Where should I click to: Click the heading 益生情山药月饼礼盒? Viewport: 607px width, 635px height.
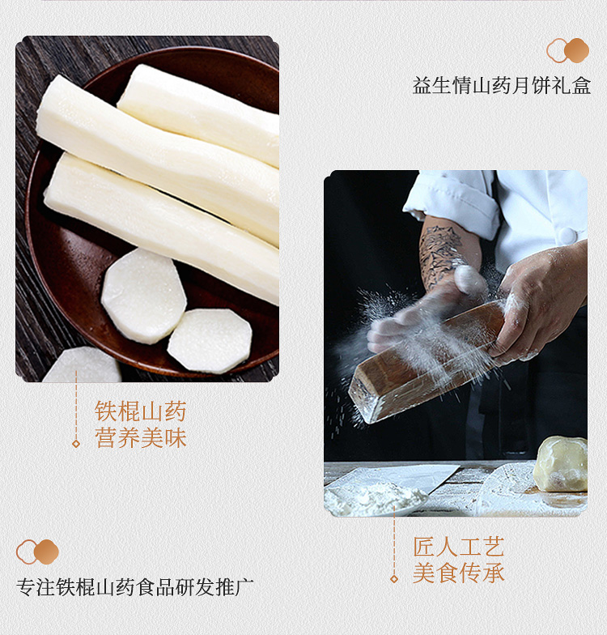click(502, 86)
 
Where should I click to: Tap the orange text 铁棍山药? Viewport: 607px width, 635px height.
click(141, 411)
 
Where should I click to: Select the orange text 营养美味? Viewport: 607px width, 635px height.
click(141, 438)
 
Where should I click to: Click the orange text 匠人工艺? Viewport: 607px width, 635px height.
click(458, 547)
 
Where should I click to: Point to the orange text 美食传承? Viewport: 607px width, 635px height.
click(458, 573)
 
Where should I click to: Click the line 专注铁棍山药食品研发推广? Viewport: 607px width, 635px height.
click(134, 587)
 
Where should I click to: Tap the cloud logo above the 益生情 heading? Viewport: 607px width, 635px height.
click(567, 50)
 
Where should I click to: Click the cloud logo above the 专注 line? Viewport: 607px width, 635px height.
click(37, 552)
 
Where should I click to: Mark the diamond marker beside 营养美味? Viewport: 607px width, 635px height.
click(76, 444)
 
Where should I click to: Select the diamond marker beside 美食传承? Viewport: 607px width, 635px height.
click(393, 579)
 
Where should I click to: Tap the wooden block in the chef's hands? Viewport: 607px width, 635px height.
click(425, 363)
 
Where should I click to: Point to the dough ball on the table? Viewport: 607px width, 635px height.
click(561, 463)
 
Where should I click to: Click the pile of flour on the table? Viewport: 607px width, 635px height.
click(374, 497)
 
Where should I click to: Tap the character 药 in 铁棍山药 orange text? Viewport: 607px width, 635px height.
click(175, 411)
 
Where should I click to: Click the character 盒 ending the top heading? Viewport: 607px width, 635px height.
click(581, 86)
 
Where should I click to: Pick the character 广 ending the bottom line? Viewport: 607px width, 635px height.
click(244, 587)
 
